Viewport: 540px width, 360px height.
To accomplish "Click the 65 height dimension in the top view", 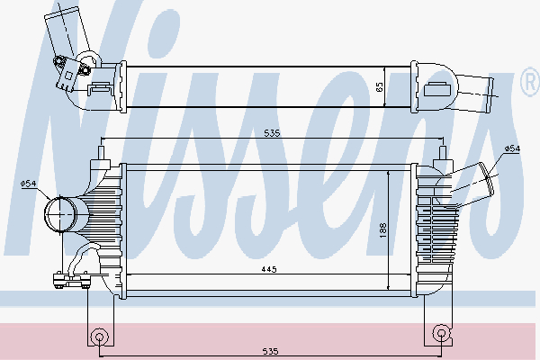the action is [380, 86].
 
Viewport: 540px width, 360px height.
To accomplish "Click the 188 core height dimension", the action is [383, 230].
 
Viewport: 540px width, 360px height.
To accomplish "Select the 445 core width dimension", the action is [269, 269].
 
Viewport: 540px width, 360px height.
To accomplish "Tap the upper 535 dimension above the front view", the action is [272, 133].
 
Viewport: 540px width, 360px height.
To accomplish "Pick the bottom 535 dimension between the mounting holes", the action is [270, 351].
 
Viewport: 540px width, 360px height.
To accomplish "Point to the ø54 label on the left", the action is [28, 184].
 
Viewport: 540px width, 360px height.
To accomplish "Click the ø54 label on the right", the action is [512, 148].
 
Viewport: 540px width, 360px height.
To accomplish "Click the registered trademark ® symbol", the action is [530, 83].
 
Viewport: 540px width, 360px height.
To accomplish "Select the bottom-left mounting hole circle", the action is [99, 337].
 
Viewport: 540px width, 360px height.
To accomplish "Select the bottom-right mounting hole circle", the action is [441, 333].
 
